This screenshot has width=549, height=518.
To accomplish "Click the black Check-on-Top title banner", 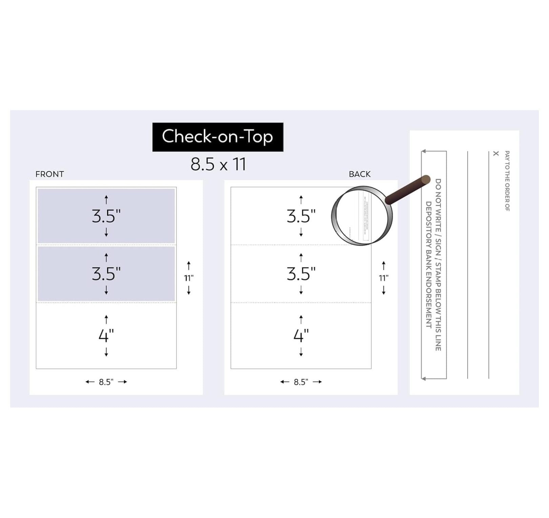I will pyautogui.click(x=218, y=137).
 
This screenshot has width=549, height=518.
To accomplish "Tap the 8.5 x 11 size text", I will pyautogui.click(x=218, y=164).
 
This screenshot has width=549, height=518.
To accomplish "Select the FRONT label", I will pyautogui.click(x=49, y=174).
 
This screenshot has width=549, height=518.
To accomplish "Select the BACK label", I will pyautogui.click(x=360, y=174).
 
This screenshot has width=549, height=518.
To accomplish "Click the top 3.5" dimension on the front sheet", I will pyautogui.click(x=106, y=216).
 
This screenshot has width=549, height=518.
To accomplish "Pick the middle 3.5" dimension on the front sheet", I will pyautogui.click(x=106, y=273).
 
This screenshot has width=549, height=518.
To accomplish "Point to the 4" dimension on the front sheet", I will pyautogui.click(x=106, y=335).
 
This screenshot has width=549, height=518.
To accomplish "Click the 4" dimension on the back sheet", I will pyautogui.click(x=301, y=335).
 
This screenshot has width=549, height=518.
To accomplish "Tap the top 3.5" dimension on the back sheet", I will pyautogui.click(x=301, y=216).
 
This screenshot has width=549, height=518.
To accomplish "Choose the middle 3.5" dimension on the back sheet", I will pyautogui.click(x=301, y=273).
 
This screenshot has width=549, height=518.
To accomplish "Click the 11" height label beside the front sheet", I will pyautogui.click(x=189, y=278).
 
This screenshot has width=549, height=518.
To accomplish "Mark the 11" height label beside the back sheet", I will pyautogui.click(x=384, y=278).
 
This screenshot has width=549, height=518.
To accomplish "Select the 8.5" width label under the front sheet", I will pyautogui.click(x=106, y=382).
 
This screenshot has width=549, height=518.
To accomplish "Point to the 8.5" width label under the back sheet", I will pyautogui.click(x=301, y=382).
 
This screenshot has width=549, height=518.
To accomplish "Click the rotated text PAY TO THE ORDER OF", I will pyautogui.click(x=507, y=181).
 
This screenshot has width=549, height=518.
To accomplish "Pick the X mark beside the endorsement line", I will pyautogui.click(x=496, y=153).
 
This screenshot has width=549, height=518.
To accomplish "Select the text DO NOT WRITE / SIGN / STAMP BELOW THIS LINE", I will pyautogui.click(x=438, y=265).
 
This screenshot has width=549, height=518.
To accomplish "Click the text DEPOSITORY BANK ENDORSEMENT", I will pyautogui.click(x=428, y=265).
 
